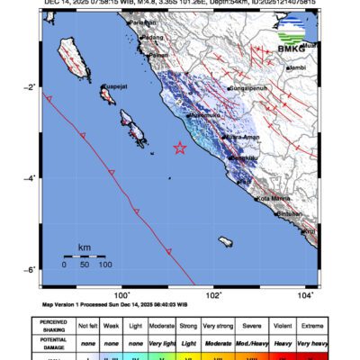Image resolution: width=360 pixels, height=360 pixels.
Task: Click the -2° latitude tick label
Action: pos(31,87)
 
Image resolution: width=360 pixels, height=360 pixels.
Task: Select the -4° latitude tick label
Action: pos(31,179)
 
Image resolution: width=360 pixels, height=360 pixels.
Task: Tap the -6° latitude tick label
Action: pos(31,271)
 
